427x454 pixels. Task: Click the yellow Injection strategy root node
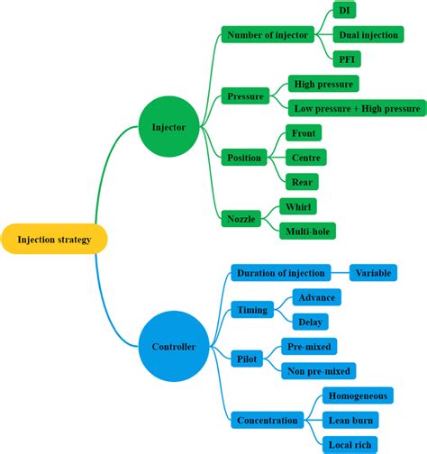(x=54, y=239)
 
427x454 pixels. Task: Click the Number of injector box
(x=268, y=35)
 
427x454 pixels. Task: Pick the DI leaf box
(x=344, y=11)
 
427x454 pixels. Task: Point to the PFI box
(x=345, y=59)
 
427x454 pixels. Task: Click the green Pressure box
(x=245, y=95)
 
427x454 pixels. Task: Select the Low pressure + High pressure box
(x=357, y=108)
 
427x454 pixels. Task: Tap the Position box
(x=244, y=158)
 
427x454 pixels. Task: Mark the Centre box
(x=307, y=158)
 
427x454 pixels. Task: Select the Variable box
(x=373, y=273)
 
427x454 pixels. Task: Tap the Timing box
(x=252, y=310)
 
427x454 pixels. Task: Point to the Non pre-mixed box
(x=319, y=370)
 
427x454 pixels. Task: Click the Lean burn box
(x=350, y=420)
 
